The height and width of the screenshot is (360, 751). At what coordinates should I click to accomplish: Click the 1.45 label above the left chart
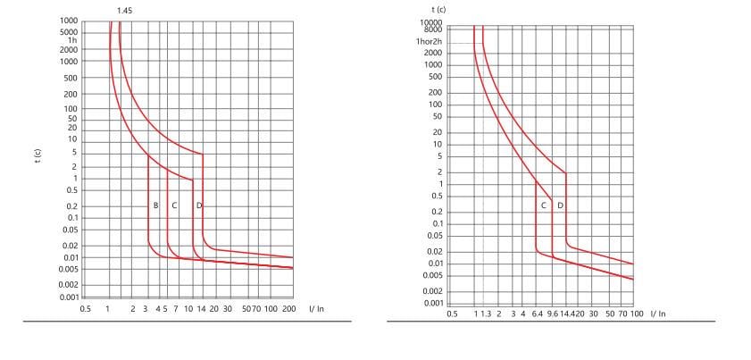pos(125,10)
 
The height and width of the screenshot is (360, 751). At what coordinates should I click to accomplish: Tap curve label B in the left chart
pos(155,205)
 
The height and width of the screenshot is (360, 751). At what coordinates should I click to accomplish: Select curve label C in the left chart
pos(174,205)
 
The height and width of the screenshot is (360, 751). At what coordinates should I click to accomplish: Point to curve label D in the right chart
pos(560,205)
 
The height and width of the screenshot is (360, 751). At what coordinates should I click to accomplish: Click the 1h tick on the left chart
pos(72,40)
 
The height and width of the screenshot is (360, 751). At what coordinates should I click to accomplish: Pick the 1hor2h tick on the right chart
pos(429,43)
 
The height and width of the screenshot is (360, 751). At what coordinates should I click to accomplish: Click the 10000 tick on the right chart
pos(431,21)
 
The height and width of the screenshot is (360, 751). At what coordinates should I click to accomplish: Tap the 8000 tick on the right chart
pos(433,29)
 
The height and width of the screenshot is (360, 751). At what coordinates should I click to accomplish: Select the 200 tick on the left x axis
pos(288,308)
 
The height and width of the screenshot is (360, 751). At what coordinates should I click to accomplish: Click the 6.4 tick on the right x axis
pos(537,314)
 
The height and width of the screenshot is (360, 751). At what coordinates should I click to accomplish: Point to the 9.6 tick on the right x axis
pos(553,314)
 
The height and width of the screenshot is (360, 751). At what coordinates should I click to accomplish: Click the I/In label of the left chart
pos(316,308)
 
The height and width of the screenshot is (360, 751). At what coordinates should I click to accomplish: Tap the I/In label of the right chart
pos(658,314)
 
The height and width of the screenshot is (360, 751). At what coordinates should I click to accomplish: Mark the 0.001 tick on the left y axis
pos(69,297)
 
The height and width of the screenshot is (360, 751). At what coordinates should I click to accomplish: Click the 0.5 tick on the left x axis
pos(86,308)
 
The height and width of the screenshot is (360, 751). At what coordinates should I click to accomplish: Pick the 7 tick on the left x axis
pos(175,308)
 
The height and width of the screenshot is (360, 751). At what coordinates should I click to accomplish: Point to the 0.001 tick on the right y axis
pos(431,303)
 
